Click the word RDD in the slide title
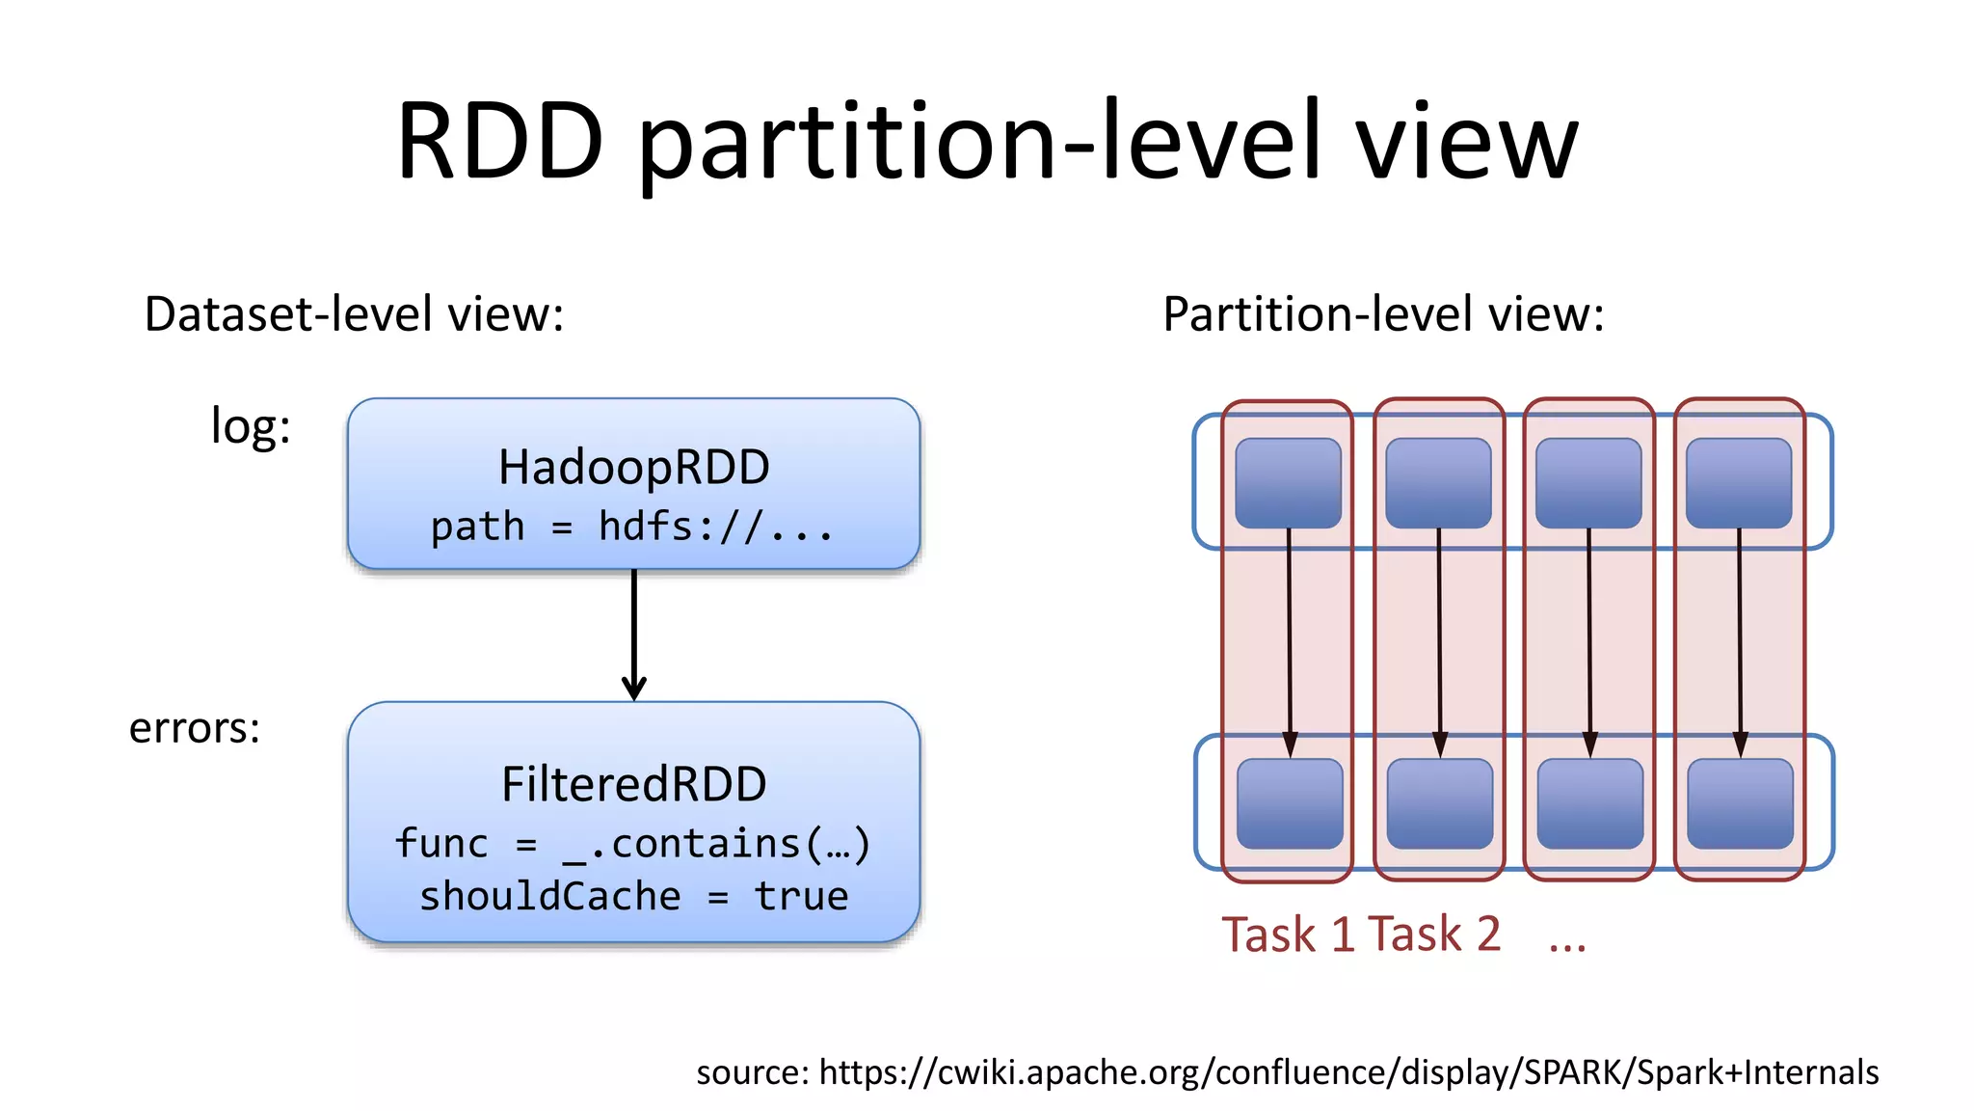click(x=500, y=143)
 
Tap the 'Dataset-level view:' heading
click(x=354, y=314)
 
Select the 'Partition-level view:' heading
click(x=1383, y=314)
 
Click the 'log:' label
click(x=251, y=425)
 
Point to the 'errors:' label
click(x=195, y=727)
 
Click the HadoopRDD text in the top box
click(x=633, y=468)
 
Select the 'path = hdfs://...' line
click(x=631, y=527)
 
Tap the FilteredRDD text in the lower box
click(x=633, y=784)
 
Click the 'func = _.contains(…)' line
click(x=632, y=844)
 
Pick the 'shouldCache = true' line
click(x=633, y=896)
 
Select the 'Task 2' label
click(x=1434, y=935)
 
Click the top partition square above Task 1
click(x=1288, y=483)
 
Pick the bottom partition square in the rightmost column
click(x=1740, y=803)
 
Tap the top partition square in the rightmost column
click(x=1739, y=483)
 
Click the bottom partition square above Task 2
click(x=1439, y=803)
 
